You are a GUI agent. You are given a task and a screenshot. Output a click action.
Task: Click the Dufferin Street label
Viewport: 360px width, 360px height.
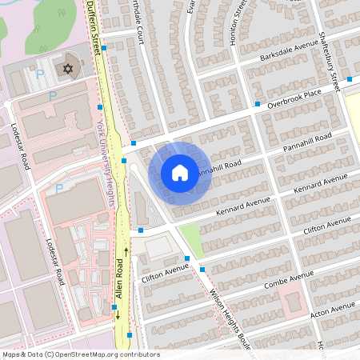click(94, 28)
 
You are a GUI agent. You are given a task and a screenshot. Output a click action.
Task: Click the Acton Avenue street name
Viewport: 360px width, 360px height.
click(330, 309)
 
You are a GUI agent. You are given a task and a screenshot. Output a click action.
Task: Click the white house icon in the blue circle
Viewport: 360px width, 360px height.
click(180, 172)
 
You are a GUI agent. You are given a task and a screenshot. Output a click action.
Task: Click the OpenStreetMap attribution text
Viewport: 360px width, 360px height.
click(80, 354)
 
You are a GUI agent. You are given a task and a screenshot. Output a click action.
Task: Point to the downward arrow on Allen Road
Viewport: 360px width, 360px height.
click(118, 314)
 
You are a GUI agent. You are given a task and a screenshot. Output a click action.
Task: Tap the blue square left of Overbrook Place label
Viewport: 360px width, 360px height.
click(258, 104)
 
